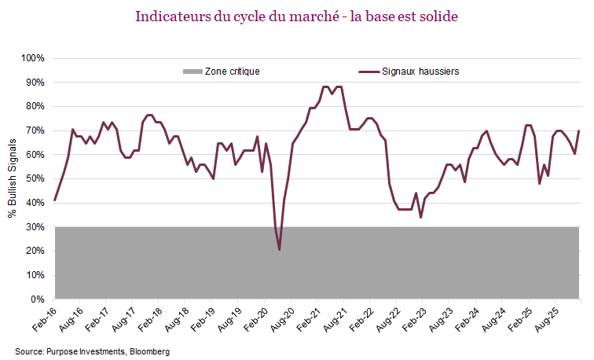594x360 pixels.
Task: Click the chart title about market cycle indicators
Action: (297, 17)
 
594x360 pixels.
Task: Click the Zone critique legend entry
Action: (232, 71)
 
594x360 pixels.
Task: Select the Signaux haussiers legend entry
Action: (420, 71)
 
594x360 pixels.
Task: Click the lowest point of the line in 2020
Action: (280, 250)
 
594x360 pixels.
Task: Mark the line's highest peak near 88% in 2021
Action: (324, 86)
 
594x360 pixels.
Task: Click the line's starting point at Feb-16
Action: (54, 200)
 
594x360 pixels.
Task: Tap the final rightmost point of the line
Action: (579, 131)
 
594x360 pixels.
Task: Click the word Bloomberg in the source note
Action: (149, 351)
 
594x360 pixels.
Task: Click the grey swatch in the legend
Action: (192, 71)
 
